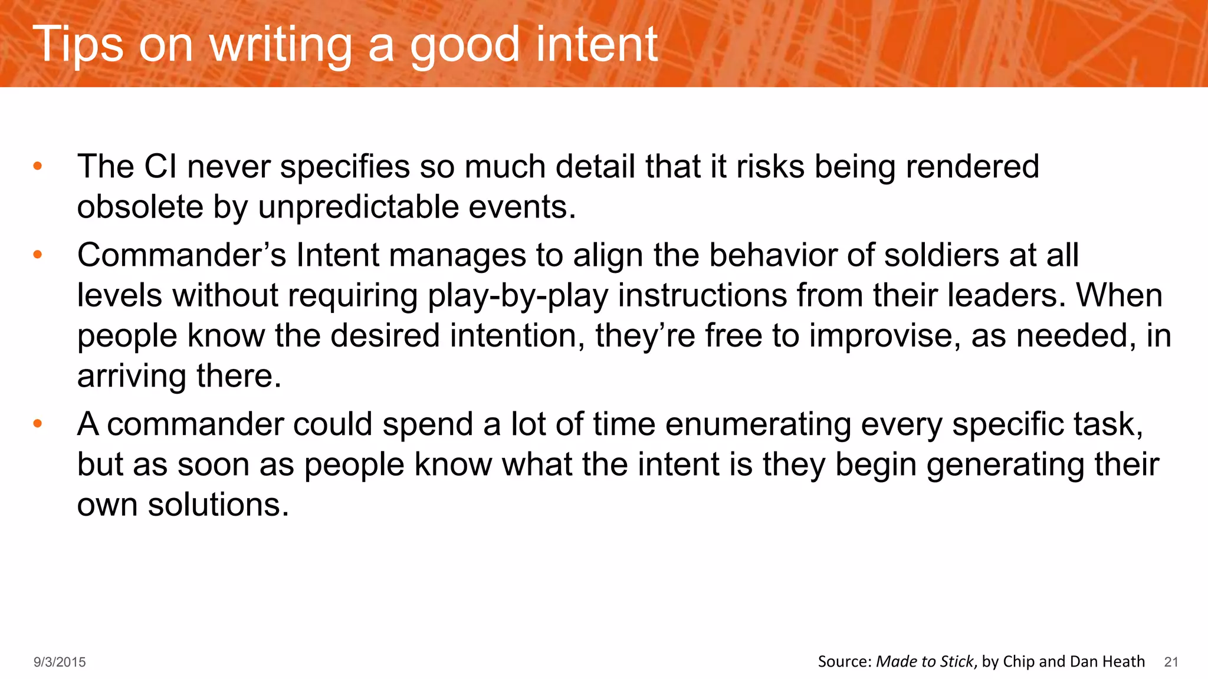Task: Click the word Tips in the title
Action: click(x=77, y=45)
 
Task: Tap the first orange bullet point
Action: click(x=38, y=166)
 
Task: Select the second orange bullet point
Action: click(x=38, y=255)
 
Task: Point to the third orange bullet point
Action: click(x=38, y=424)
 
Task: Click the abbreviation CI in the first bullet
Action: click(x=160, y=167)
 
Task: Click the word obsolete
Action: click(x=140, y=207)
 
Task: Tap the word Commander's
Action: click(x=182, y=256)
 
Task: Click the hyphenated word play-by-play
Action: click(x=518, y=296)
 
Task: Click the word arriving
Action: click(x=132, y=377)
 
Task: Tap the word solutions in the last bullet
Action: click(x=218, y=505)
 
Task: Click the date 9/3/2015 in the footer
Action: click(x=60, y=662)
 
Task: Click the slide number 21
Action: click(x=1171, y=662)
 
